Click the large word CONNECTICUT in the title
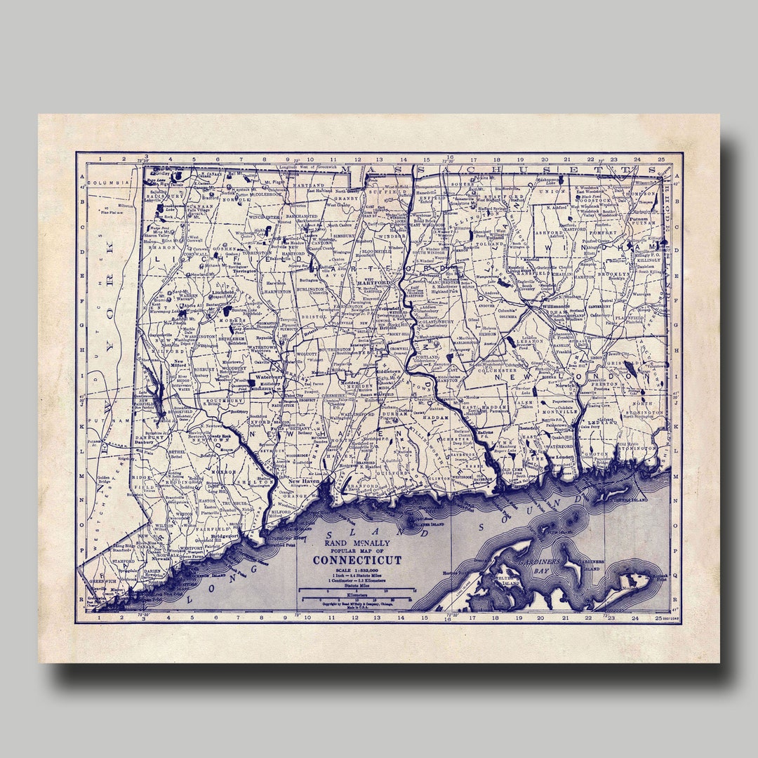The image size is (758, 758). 357,560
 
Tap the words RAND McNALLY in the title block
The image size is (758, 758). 357,542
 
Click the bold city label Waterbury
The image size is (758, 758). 268,377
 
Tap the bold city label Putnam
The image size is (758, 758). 638,219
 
